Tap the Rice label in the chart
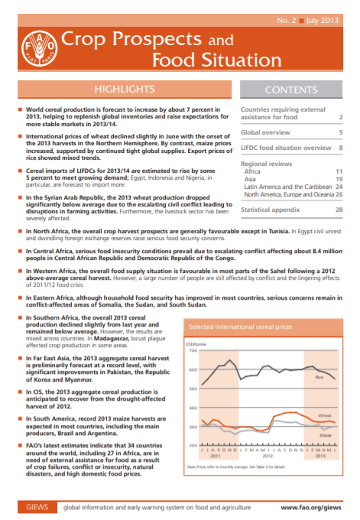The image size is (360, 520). click(319, 377)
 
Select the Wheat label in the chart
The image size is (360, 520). click(324, 415)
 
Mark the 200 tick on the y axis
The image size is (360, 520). click(193, 445)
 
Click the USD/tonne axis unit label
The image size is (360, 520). click(197, 343)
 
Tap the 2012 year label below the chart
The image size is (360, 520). click(268, 457)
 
